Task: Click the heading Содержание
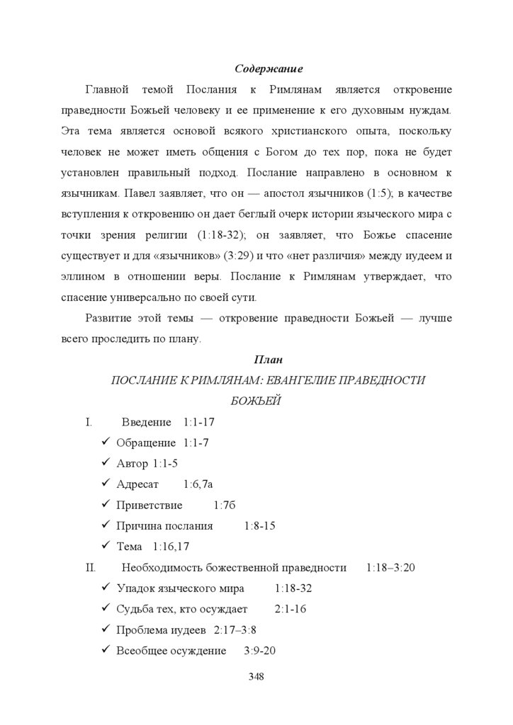pyautogui.click(x=269, y=69)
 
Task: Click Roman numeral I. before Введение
pyautogui.click(x=89, y=423)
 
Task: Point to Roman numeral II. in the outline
pyautogui.click(x=90, y=568)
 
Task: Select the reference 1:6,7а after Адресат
pyautogui.click(x=198, y=485)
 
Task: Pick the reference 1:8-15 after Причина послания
pyautogui.click(x=259, y=526)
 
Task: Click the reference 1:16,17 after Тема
pyautogui.click(x=171, y=547)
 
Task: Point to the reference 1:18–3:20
pyautogui.click(x=390, y=568)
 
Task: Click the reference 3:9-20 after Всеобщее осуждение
pyautogui.click(x=259, y=651)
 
